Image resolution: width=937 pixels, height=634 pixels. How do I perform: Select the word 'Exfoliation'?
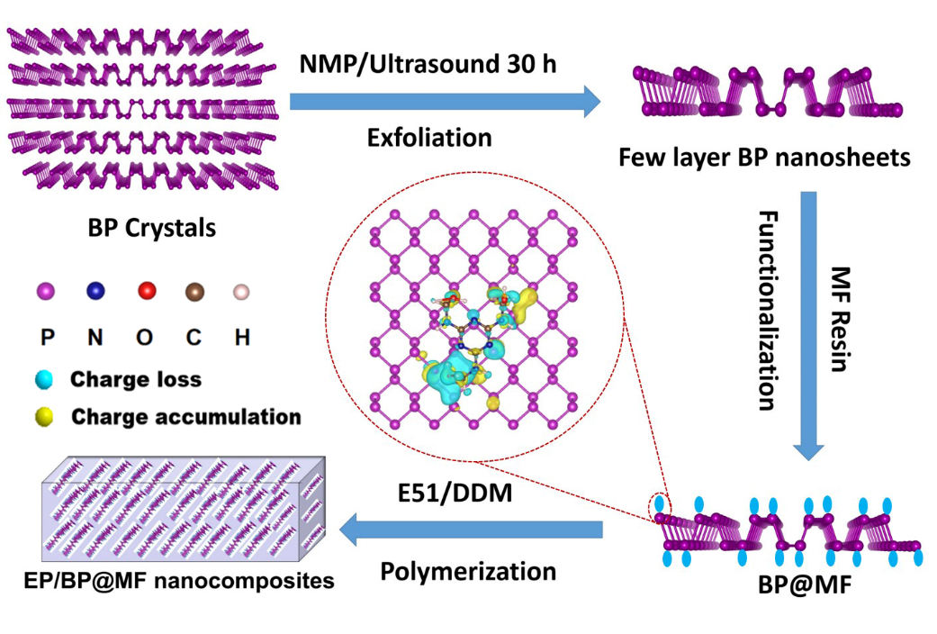(x=429, y=138)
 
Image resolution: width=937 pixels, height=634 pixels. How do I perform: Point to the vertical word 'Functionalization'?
(x=767, y=311)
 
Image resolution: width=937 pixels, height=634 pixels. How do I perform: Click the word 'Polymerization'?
(x=468, y=571)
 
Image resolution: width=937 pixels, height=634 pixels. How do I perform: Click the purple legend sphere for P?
(x=45, y=291)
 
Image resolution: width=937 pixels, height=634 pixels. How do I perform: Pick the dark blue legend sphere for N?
(x=95, y=291)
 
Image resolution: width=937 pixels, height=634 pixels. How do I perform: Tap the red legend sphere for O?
(x=147, y=291)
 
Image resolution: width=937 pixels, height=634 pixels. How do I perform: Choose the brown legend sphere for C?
(x=194, y=291)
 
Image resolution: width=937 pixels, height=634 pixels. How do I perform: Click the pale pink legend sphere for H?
(x=240, y=292)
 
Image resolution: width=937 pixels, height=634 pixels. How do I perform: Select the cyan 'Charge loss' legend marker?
(x=46, y=379)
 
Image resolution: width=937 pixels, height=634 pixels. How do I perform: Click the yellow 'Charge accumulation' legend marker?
(x=46, y=417)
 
